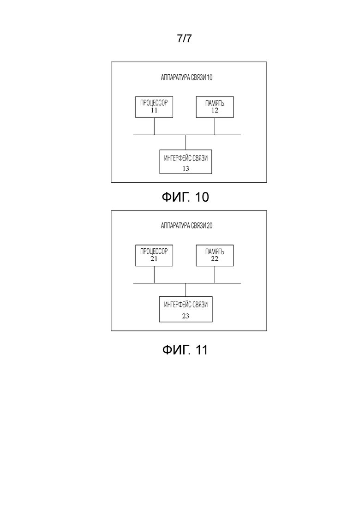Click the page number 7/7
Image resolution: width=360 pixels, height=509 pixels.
tap(184, 38)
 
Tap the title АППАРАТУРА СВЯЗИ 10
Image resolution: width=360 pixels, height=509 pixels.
tap(186, 77)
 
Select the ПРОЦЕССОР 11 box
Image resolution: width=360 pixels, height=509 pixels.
tap(154, 107)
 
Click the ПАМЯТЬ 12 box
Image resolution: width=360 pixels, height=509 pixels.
tap(215, 107)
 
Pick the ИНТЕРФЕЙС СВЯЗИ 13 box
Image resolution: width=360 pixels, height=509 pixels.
tap(186, 162)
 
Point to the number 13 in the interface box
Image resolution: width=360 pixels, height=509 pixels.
tap(186, 168)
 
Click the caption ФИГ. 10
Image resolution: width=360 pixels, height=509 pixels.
tap(186, 197)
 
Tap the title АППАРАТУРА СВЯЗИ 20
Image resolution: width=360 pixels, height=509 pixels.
tap(186, 226)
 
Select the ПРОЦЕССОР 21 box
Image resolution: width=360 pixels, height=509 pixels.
tap(154, 256)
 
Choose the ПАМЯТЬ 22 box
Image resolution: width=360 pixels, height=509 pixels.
tap(215, 256)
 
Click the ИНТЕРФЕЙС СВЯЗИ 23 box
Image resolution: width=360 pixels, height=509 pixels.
tap(186, 309)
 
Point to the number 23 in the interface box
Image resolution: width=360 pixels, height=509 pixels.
tap(186, 316)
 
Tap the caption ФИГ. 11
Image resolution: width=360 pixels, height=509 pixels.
tap(185, 350)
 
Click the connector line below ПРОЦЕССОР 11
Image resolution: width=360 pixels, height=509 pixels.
tap(154, 126)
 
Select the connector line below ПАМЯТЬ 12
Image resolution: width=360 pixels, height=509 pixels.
tap(215, 126)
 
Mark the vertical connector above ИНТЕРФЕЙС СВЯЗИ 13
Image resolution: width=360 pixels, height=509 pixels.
tap(186, 142)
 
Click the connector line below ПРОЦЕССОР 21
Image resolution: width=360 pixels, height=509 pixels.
tap(154, 275)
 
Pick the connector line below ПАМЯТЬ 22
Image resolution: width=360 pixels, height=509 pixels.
tap(215, 275)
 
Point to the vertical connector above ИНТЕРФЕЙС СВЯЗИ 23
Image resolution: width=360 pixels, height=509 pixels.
tap(186, 290)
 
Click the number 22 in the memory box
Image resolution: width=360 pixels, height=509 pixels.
tap(215, 259)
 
